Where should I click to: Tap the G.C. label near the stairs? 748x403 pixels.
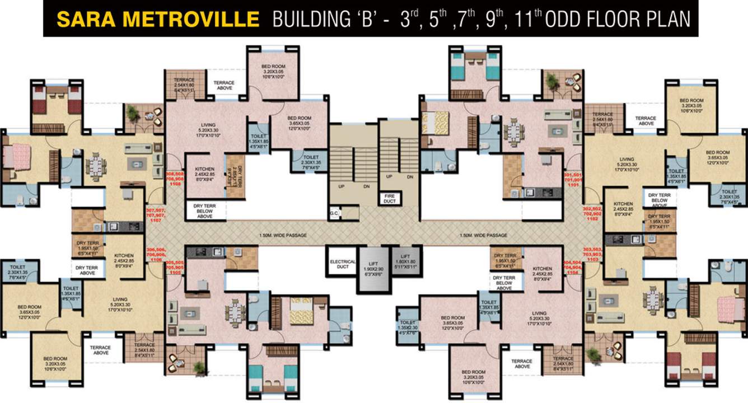(335, 213)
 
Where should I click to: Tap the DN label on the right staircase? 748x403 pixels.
(410, 177)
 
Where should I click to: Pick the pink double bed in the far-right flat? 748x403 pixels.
(728, 306)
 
